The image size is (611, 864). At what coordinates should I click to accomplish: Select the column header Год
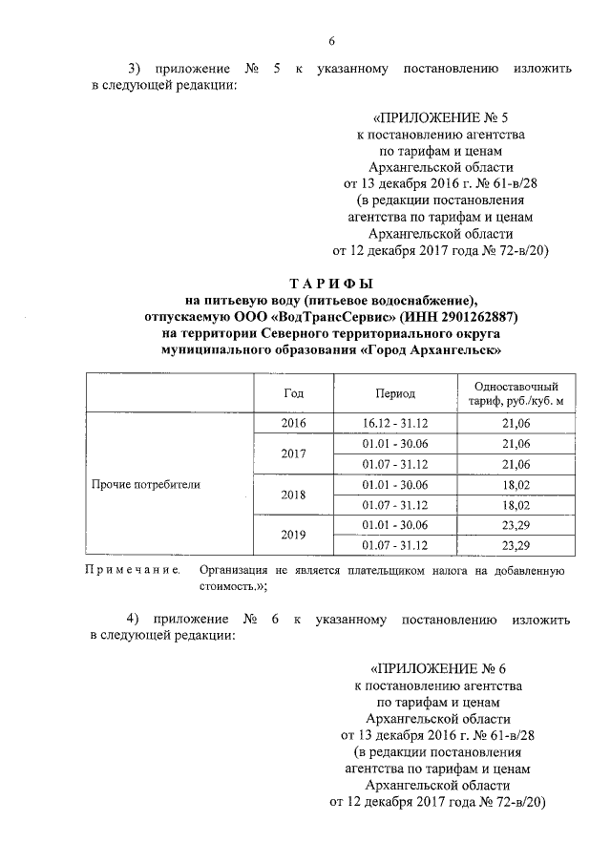click(x=293, y=392)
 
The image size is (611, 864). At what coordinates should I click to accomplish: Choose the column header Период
click(x=395, y=392)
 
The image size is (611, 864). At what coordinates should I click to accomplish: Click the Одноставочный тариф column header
click(x=515, y=391)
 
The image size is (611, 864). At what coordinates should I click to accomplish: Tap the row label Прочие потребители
click(x=146, y=484)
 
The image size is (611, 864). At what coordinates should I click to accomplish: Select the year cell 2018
click(x=293, y=495)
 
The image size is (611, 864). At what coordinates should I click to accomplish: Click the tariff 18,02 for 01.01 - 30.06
click(x=515, y=485)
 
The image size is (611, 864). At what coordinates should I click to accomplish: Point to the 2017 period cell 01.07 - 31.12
click(x=395, y=464)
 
